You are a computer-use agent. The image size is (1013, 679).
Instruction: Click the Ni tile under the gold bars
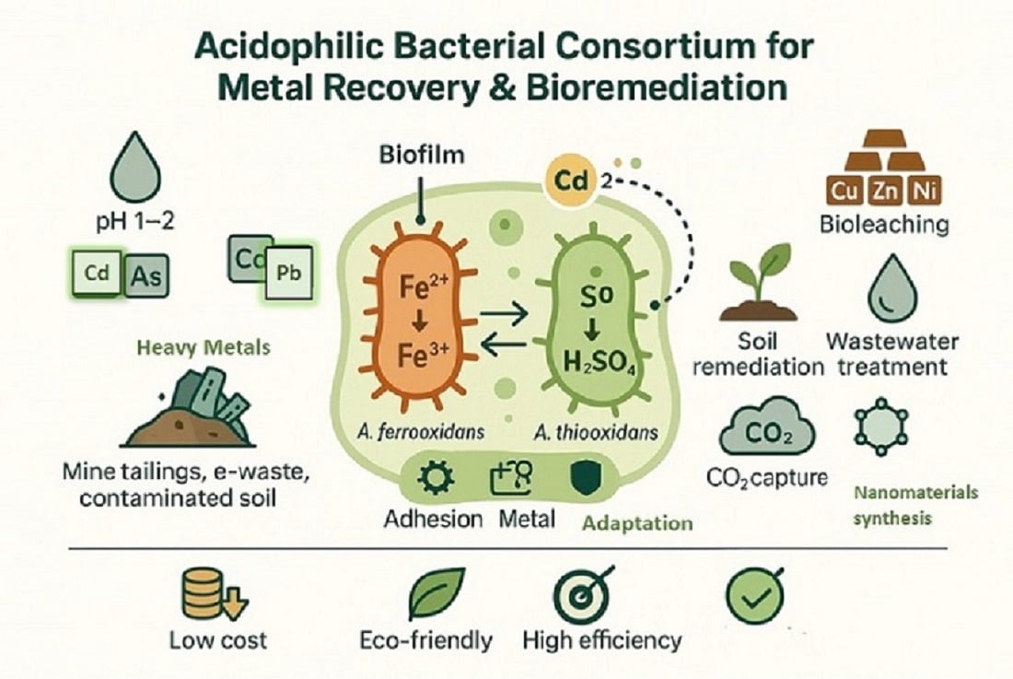click(920, 193)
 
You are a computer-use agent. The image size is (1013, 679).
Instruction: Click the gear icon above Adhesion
click(431, 480)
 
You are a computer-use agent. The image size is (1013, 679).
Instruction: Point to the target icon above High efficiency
click(582, 594)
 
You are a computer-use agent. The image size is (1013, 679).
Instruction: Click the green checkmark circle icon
click(754, 595)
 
